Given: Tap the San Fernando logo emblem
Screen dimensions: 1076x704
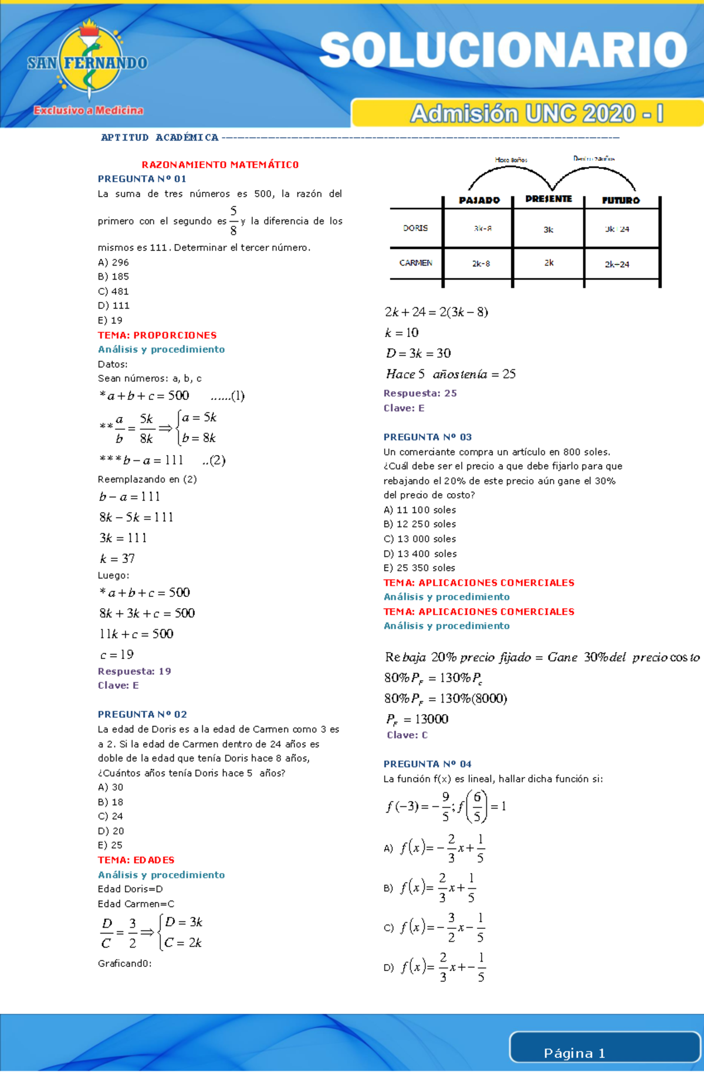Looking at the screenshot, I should [88, 62].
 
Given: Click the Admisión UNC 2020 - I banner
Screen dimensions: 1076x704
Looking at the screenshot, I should [537, 113].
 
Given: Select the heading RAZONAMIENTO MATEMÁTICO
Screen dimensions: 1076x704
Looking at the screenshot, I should [220, 165].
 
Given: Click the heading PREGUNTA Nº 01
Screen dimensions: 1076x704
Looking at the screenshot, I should [142, 179].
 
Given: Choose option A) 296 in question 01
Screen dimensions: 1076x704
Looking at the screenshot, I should [113, 262].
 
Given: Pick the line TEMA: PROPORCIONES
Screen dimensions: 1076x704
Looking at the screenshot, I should [157, 335].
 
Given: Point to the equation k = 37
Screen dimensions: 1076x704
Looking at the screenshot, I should [117, 558].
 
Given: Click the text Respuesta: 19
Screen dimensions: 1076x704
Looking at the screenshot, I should [134, 671].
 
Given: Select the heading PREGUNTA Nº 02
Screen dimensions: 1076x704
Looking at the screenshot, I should [143, 714].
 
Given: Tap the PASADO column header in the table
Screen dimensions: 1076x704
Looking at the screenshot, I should [479, 200].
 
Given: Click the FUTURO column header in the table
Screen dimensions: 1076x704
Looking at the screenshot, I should [621, 200].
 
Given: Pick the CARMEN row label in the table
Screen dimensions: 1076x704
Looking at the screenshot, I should [416, 263].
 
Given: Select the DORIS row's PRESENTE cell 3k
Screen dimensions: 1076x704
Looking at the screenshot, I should [549, 229].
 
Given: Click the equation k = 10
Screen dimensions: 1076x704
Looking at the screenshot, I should [402, 332].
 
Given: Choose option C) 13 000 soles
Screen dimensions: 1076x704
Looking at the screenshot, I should [419, 539].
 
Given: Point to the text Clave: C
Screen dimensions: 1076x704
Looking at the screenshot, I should [407, 735].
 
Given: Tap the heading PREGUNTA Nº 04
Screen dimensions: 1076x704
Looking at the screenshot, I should [428, 763].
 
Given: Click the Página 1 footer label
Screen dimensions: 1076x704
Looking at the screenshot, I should [574, 1053].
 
